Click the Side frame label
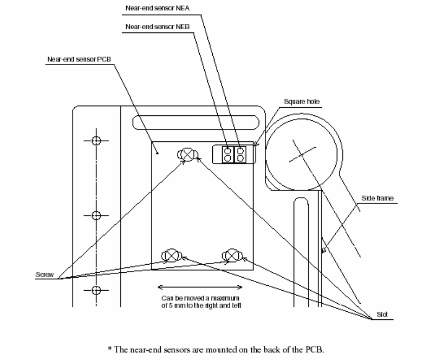pos(373,199)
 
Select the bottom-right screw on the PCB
pos(232,254)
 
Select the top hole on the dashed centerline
pos(96,141)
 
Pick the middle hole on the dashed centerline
pos(96,215)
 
